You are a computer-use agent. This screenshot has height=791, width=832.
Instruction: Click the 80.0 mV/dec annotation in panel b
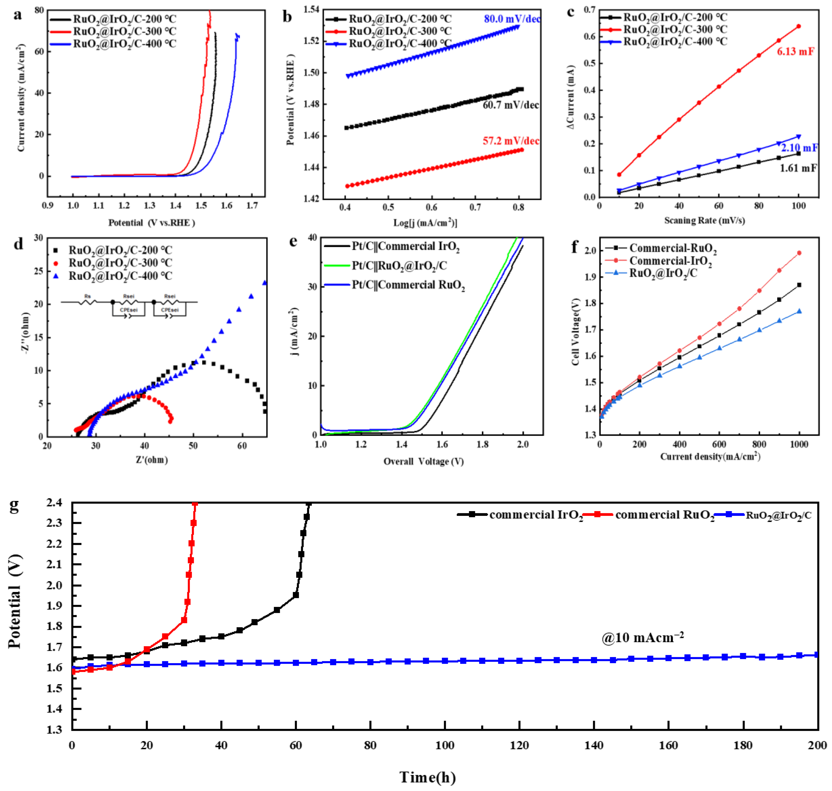click(512, 19)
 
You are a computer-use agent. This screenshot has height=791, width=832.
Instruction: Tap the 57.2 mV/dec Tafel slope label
click(510, 141)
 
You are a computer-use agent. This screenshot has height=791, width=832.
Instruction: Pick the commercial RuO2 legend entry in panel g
click(664, 515)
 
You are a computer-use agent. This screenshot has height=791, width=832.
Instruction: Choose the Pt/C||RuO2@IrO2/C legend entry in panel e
click(399, 266)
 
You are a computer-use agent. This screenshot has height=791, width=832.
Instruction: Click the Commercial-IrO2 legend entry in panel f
click(670, 261)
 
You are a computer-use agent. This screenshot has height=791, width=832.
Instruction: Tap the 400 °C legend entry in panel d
click(120, 276)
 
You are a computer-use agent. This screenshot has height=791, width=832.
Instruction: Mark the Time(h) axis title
click(427, 777)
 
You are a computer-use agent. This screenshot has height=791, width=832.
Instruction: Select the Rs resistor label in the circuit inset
click(88, 296)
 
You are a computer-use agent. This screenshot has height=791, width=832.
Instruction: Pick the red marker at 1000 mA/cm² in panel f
click(799, 253)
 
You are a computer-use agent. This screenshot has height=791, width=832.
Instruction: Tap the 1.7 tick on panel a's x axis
click(252, 206)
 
